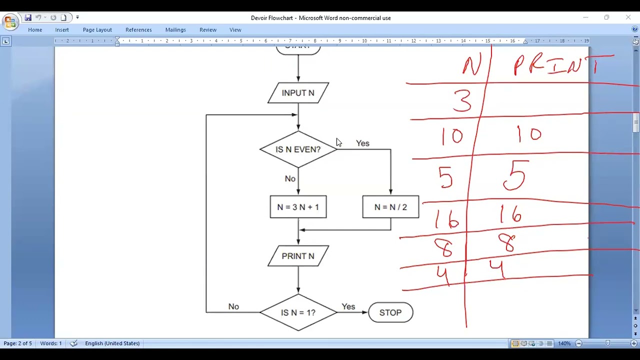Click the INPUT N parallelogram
click(x=298, y=93)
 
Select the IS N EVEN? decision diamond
click(x=298, y=149)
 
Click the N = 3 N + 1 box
click(x=298, y=207)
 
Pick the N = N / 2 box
click(x=390, y=207)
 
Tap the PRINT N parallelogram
click(x=298, y=256)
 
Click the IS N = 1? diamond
click(x=298, y=312)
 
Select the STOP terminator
click(x=390, y=312)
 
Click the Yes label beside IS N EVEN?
click(x=362, y=143)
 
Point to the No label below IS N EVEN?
click(x=290, y=178)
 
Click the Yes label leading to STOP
click(x=348, y=306)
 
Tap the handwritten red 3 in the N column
click(x=462, y=100)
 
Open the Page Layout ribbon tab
click(x=97, y=30)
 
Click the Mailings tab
click(x=175, y=30)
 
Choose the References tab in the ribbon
click(x=138, y=30)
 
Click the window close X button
click(x=628, y=17)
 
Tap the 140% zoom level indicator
click(x=564, y=343)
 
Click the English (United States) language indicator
click(x=112, y=343)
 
